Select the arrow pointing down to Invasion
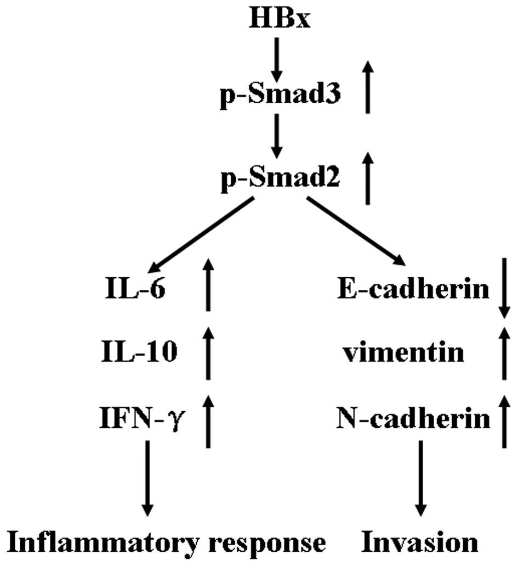[420, 477]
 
